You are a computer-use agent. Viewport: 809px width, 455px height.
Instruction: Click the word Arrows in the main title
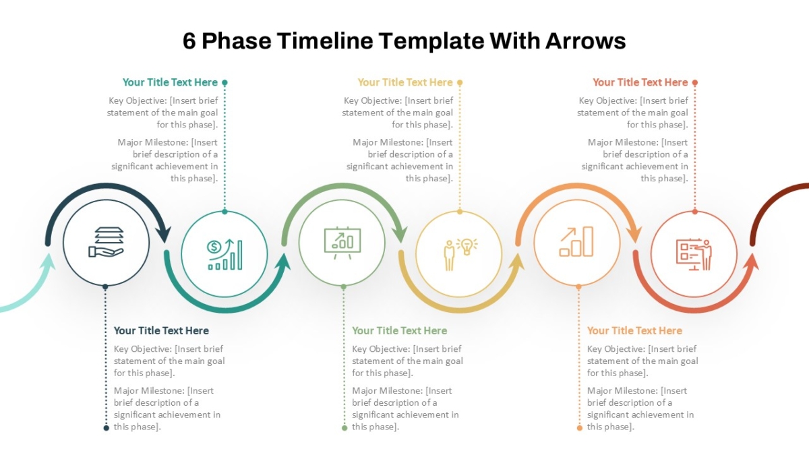pyautogui.click(x=585, y=40)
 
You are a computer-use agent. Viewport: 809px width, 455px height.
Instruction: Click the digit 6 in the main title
pyautogui.click(x=189, y=40)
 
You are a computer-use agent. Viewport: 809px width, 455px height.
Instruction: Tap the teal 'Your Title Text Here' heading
pyautogui.click(x=170, y=82)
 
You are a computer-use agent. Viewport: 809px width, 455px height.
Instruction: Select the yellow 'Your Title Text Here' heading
pyautogui.click(x=405, y=82)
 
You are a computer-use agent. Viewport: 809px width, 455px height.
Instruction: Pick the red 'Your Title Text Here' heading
pyautogui.click(x=640, y=82)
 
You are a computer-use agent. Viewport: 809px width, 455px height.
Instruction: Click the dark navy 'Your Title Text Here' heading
pyautogui.click(x=161, y=331)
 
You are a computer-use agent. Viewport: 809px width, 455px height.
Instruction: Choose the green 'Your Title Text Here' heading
pyautogui.click(x=399, y=331)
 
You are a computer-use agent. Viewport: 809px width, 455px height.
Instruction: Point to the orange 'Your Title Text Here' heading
pyautogui.click(x=634, y=331)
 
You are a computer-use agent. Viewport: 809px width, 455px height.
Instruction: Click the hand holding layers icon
pyautogui.click(x=107, y=242)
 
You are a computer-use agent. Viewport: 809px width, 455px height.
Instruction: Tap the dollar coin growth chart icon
pyautogui.click(x=224, y=254)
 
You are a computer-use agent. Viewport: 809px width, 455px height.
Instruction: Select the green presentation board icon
pyautogui.click(x=342, y=243)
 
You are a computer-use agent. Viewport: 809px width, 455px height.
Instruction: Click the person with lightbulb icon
pyautogui.click(x=460, y=254)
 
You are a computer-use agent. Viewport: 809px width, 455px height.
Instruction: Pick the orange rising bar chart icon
pyautogui.click(x=576, y=241)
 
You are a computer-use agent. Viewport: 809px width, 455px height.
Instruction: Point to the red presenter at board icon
pyautogui.click(x=694, y=254)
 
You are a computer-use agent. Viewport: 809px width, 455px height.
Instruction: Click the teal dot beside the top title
pyautogui.click(x=224, y=83)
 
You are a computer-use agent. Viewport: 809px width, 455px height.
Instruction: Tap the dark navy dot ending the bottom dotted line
pyautogui.click(x=107, y=428)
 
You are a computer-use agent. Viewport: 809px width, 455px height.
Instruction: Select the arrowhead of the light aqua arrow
pyautogui.click(x=49, y=261)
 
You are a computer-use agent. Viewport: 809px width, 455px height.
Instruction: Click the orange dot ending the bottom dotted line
pyautogui.click(x=580, y=428)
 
